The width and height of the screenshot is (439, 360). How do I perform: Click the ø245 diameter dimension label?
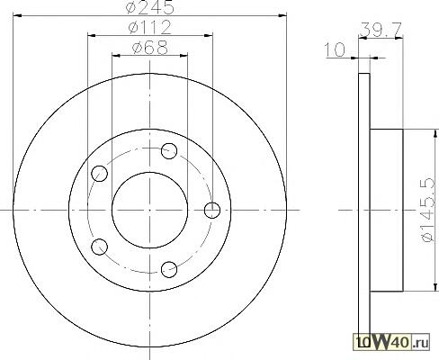coord(150,7)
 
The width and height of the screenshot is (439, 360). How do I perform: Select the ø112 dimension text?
coord(149,27)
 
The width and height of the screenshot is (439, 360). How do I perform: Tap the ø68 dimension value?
coord(150,48)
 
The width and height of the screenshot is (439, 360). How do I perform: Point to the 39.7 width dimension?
coord(381,30)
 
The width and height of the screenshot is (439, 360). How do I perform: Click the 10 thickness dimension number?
coord(335,49)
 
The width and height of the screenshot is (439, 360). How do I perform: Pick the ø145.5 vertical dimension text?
coord(427,210)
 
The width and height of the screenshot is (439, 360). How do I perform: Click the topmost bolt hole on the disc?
coord(169,151)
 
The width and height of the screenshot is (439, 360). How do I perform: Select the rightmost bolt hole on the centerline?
coord(212,210)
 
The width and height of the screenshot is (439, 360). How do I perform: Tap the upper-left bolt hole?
coord(99,174)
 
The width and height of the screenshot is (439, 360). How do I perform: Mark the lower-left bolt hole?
coord(99,247)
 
